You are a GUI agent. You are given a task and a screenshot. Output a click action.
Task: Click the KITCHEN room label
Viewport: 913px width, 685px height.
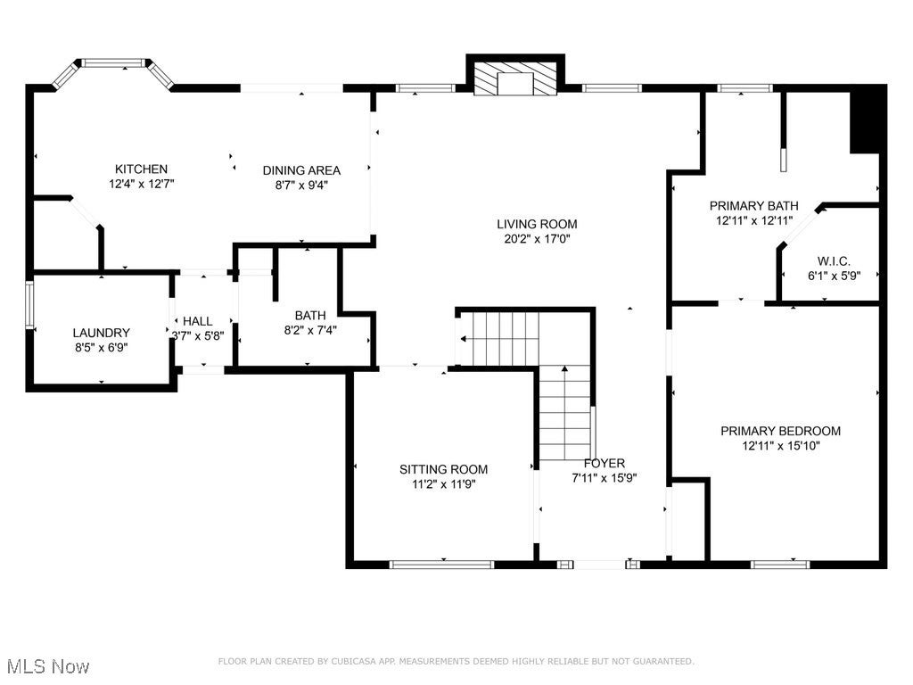(141, 169)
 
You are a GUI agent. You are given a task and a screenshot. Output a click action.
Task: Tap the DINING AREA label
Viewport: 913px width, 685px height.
(301, 170)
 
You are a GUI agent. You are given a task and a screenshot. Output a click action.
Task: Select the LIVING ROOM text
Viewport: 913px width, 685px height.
(537, 224)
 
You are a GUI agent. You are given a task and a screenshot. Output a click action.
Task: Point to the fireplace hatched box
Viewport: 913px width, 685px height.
(514, 78)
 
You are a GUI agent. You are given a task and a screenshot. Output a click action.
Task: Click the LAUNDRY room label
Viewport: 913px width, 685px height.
(102, 333)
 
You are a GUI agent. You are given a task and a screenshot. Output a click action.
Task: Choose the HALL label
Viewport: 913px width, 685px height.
(198, 321)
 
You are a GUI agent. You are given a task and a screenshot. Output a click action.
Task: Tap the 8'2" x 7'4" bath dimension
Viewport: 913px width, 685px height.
(310, 330)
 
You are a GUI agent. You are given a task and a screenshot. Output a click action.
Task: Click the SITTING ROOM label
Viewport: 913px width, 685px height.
(444, 469)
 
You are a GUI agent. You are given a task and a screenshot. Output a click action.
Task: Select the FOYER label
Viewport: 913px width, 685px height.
(605, 463)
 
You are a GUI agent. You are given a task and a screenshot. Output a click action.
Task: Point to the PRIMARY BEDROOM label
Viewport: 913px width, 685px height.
(781, 431)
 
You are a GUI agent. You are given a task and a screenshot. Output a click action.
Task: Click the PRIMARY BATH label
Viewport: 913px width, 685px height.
(754, 206)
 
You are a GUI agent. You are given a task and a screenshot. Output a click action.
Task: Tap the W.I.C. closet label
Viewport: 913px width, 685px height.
(834, 261)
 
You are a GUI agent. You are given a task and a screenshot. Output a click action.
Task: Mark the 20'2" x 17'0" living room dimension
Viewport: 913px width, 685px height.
(537, 238)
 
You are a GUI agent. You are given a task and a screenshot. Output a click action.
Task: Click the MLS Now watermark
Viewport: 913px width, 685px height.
(48, 665)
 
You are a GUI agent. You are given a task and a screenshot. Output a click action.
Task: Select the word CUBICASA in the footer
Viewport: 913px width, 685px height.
(354, 661)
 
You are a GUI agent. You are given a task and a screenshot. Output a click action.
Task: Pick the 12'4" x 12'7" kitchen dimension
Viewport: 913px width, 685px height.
(141, 184)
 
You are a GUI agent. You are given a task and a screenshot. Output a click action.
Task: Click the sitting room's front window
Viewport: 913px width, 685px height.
(441, 564)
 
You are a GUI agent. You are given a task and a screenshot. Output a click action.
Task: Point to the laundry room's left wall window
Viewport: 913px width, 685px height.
(29, 305)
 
